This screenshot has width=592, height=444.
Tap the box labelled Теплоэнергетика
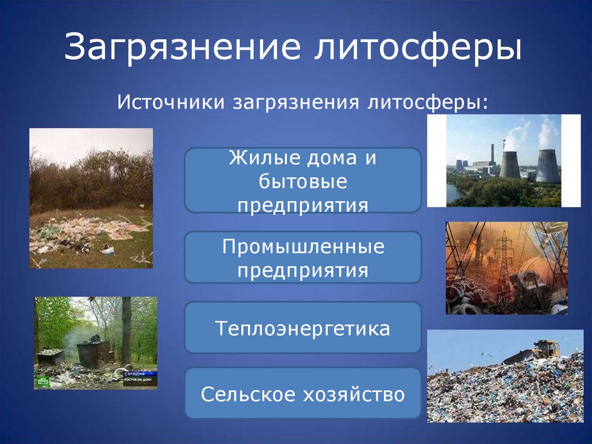pos(302,328)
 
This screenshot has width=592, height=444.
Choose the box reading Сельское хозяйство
pos(302,394)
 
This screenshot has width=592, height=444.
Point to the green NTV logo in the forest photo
pos(43,381)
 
